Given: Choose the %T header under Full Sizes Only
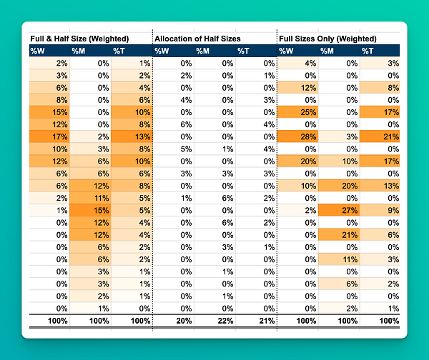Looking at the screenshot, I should tap(367, 51).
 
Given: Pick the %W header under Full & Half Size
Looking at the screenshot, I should tap(38, 51).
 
